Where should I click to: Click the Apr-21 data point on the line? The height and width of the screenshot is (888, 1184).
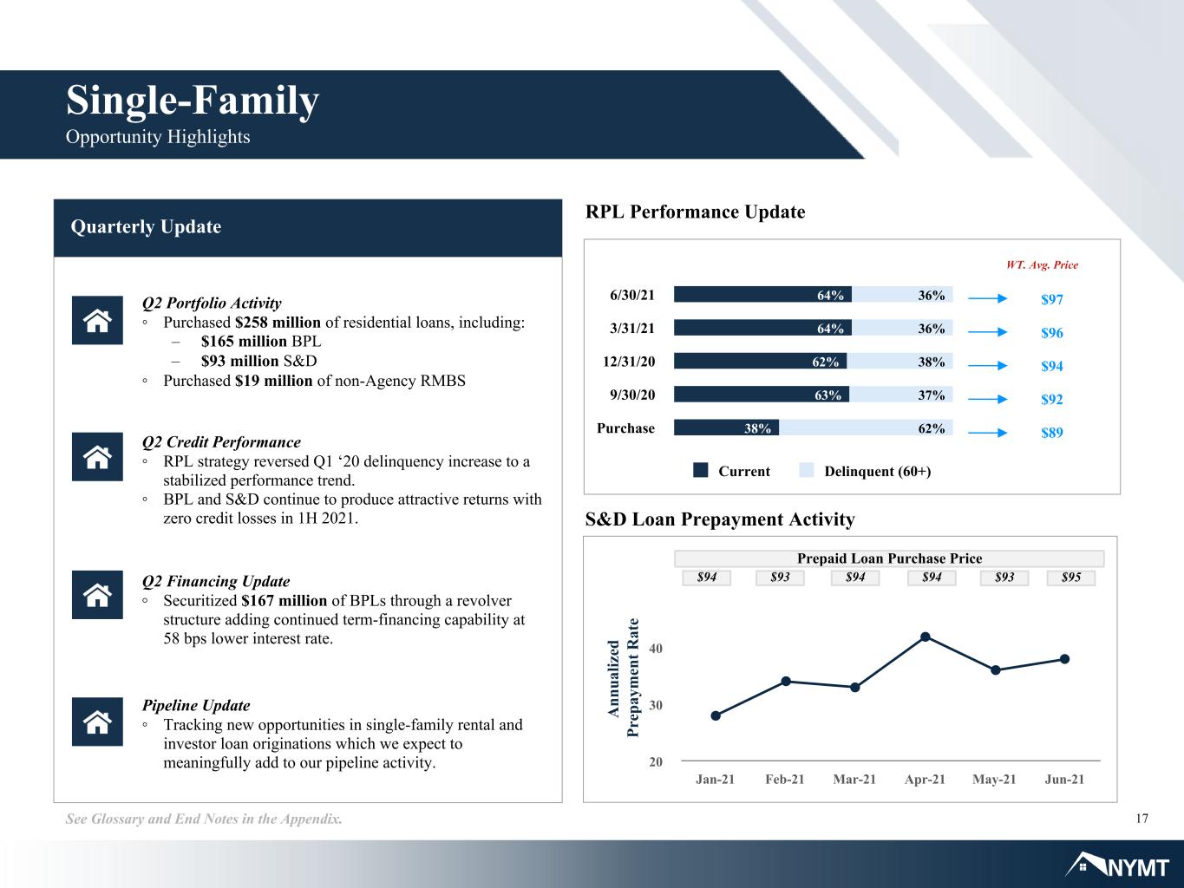click(926, 637)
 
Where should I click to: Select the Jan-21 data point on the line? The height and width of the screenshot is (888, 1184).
click(716, 715)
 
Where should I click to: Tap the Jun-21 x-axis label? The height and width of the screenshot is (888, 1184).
click(1064, 779)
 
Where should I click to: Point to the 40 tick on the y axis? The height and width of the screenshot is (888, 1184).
click(656, 648)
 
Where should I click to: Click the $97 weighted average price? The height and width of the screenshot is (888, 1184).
click(1052, 299)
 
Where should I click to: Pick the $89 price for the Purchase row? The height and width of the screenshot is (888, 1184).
click(1052, 433)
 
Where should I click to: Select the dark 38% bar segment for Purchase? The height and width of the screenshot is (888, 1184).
click(726, 428)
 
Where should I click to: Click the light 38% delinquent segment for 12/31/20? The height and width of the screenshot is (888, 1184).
click(899, 362)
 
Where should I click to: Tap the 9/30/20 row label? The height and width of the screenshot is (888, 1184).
click(632, 395)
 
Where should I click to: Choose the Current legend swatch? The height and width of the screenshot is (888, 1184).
click(700, 470)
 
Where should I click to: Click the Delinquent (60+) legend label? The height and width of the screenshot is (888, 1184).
click(878, 471)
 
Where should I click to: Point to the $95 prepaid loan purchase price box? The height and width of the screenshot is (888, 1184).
click(1070, 578)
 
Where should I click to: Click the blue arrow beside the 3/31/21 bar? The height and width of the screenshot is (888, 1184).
click(987, 332)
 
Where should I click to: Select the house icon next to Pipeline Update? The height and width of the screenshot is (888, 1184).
click(97, 721)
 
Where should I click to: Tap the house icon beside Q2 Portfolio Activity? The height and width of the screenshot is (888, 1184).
click(97, 320)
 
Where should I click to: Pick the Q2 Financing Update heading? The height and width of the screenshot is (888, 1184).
click(216, 581)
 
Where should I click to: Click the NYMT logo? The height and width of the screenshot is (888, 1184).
click(1117, 865)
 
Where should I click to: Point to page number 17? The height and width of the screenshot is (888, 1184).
click(1141, 819)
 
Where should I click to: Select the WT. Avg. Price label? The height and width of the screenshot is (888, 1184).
click(1042, 264)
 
